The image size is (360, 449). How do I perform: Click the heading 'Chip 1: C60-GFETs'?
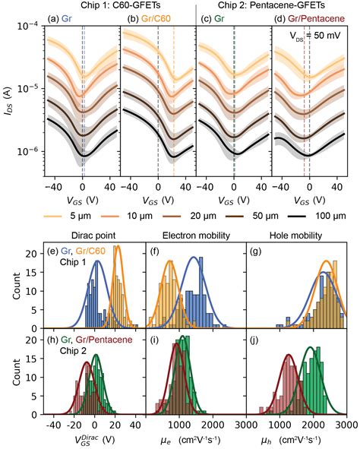pos(121,5)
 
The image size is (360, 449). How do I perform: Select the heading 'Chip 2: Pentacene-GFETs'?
pos(272,5)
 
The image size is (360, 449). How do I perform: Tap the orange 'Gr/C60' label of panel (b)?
pos(156,19)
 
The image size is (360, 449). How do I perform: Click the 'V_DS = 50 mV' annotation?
pos(315,36)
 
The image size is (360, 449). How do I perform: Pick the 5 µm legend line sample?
pos(52,217)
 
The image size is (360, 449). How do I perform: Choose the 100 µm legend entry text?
pos(331,217)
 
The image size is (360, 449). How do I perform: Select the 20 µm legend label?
pos(204,217)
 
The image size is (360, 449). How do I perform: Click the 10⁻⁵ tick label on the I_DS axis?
pos(30,88)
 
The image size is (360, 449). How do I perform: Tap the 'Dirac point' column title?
pos(93,236)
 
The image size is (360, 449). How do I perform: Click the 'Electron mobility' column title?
pos(196,236)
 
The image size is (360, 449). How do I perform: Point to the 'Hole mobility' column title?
pos(296,236)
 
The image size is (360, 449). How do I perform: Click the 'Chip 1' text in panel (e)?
pos(73,262)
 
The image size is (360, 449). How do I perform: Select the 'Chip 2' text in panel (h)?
pos(73,351)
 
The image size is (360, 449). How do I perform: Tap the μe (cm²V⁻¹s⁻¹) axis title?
pos(191,440)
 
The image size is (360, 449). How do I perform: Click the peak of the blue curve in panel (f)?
pos(194,257)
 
